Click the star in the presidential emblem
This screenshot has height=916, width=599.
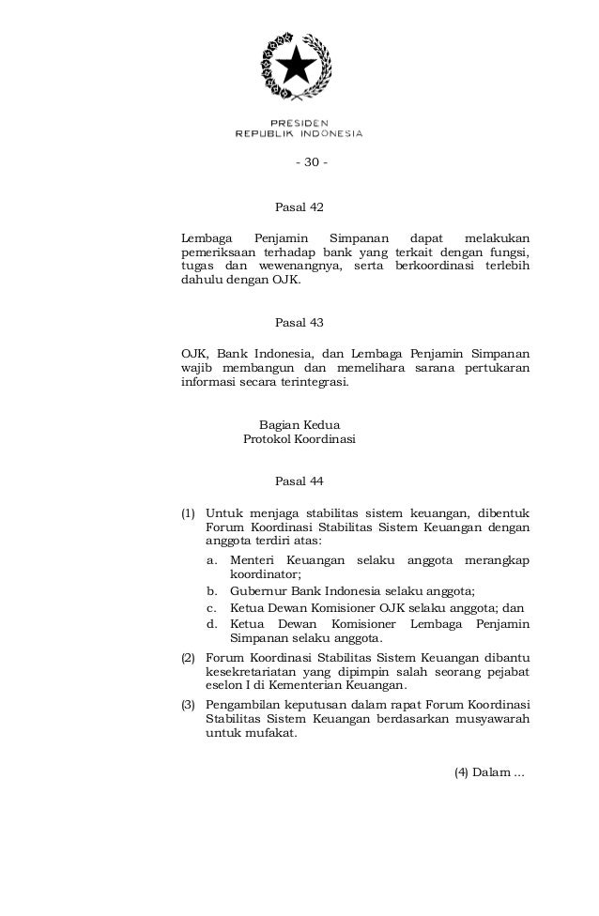coord(299,67)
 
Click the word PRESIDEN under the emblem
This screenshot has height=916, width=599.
coord(299,122)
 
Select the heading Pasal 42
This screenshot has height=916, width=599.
coord(299,206)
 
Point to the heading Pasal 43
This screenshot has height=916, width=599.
coord(299,322)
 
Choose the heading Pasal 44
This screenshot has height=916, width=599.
coord(299,481)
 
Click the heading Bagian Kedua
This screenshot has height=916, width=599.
coord(299,423)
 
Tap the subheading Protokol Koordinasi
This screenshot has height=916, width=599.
coord(299,438)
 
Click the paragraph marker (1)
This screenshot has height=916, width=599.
coord(188,513)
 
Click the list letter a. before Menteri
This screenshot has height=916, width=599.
coord(213,560)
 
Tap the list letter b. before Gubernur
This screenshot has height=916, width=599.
coord(213,590)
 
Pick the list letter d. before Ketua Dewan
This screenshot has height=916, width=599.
coord(213,624)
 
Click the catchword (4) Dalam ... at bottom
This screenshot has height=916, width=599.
coord(488,772)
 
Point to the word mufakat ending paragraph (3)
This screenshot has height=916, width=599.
coord(268,735)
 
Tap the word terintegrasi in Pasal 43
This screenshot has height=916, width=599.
coord(309,382)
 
